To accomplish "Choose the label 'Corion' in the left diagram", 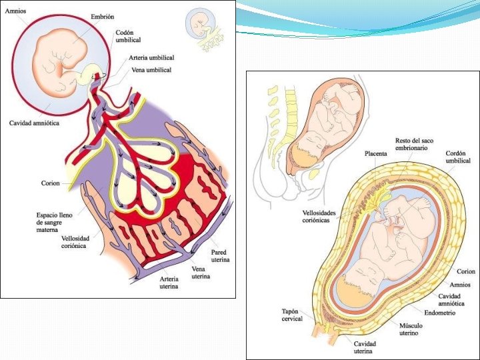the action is [x=49, y=183].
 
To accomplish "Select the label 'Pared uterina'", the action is [x=221, y=256].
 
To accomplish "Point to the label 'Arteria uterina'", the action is [x=169, y=283].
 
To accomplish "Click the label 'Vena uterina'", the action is [x=202, y=272].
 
